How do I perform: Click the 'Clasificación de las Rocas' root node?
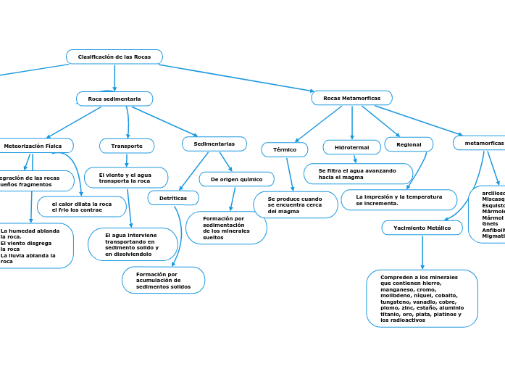click(114, 57)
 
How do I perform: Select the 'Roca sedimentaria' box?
click(114, 99)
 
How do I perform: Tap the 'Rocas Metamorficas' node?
click(351, 98)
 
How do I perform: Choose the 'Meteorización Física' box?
click(33, 146)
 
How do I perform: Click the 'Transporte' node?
click(127, 146)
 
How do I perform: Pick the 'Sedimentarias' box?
click(214, 144)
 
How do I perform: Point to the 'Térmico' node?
click(285, 149)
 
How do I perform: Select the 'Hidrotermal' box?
click(351, 147)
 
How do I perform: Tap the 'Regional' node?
click(409, 144)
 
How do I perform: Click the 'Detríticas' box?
click(173, 198)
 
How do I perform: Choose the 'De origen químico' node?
click(236, 179)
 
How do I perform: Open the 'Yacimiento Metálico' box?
click(422, 228)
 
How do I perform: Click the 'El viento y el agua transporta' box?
click(126, 178)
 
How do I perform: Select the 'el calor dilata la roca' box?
click(82, 207)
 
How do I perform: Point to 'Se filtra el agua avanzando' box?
click(358, 174)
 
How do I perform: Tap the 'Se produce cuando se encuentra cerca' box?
click(295, 204)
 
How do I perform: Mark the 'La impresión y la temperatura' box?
click(398, 199)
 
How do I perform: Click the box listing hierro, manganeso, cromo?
click(422, 298)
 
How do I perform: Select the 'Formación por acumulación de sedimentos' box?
click(163, 281)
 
